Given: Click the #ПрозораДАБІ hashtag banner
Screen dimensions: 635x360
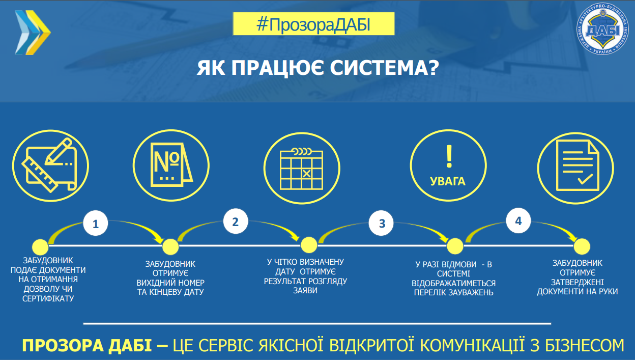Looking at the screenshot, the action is pyautogui.click(x=313, y=24).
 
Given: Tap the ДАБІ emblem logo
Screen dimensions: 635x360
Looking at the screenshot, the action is pyautogui.click(x=602, y=29).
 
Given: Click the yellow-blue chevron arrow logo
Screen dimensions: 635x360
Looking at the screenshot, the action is pyautogui.click(x=33, y=33).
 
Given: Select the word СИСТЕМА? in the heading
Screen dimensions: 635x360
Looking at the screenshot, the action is pyautogui.click(x=384, y=68).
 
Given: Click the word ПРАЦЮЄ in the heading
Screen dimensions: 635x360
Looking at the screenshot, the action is pyautogui.click(x=277, y=68).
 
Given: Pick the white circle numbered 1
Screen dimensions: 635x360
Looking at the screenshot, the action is pyautogui.click(x=96, y=223).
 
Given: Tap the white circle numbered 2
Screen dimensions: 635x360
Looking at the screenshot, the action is pyautogui.click(x=235, y=221).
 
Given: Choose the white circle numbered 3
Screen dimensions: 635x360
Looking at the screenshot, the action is pyautogui.click(x=381, y=223).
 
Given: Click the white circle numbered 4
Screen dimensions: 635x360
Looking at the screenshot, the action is pyautogui.click(x=518, y=220).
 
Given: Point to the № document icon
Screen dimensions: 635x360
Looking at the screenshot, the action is pyautogui.click(x=171, y=165).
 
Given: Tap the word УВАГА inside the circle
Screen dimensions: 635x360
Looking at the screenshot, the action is pyautogui.click(x=448, y=181).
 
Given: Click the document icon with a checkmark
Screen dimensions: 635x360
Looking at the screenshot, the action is pyautogui.click(x=577, y=165).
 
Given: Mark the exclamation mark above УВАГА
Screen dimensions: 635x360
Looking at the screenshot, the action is pyautogui.click(x=449, y=157).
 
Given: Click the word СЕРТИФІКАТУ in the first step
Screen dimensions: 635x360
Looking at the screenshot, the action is pyautogui.click(x=48, y=298).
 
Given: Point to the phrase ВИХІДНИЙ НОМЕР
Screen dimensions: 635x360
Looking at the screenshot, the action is pyautogui.click(x=170, y=283).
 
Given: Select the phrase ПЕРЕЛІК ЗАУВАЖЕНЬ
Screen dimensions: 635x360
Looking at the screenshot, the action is pyautogui.click(x=453, y=292).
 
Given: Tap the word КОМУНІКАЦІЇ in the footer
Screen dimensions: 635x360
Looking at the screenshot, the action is pyautogui.click(x=472, y=345).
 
